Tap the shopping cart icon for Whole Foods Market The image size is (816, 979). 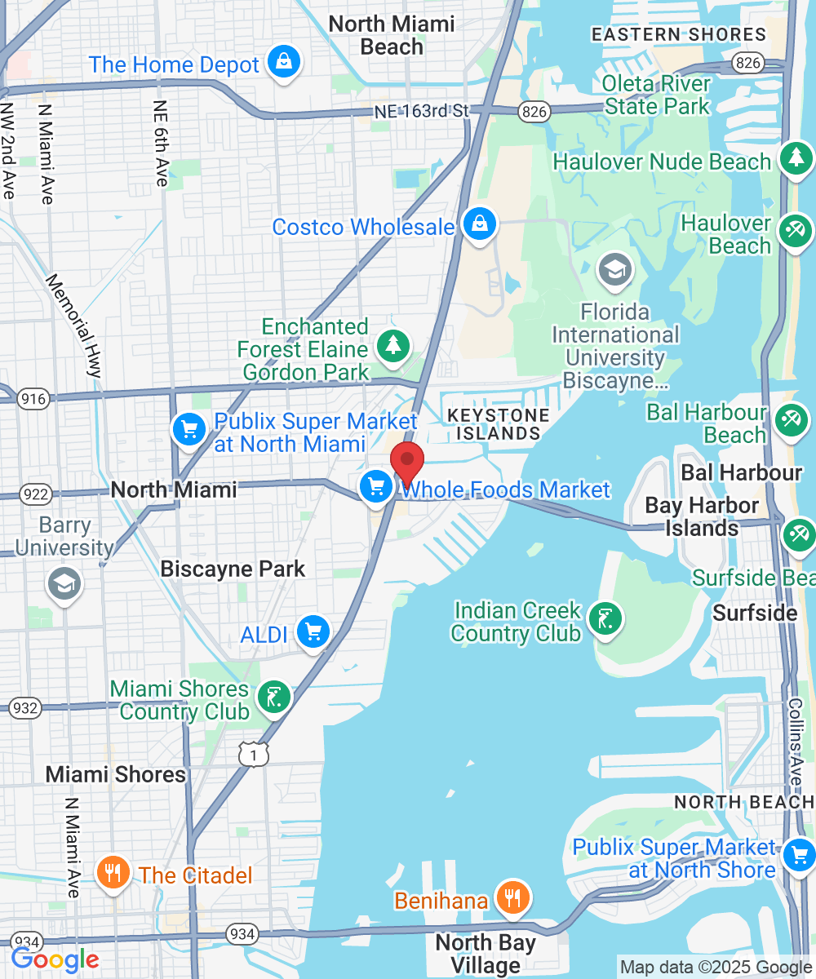pyautogui.click(x=376, y=487)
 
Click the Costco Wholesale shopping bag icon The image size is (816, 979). pyautogui.click(x=479, y=224)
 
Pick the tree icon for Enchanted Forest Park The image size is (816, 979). pyautogui.click(x=393, y=347)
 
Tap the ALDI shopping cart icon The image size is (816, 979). pyautogui.click(x=313, y=632)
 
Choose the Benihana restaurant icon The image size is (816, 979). pyautogui.click(x=512, y=898)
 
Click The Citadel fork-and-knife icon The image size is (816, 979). pyautogui.click(x=113, y=873)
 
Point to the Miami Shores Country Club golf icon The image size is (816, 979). pyautogui.click(x=273, y=698)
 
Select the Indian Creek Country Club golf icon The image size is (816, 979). pyautogui.click(x=604, y=619)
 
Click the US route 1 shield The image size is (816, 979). pyautogui.click(x=254, y=755)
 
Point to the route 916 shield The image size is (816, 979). pyautogui.click(x=38, y=399)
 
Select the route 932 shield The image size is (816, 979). pyautogui.click(x=26, y=707)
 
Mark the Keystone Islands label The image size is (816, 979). pyautogui.click(x=498, y=424)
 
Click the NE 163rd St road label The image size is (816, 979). pyautogui.click(x=423, y=111)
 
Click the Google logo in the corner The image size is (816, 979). pyautogui.click(x=55, y=959)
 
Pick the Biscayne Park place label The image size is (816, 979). pyautogui.click(x=233, y=569)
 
